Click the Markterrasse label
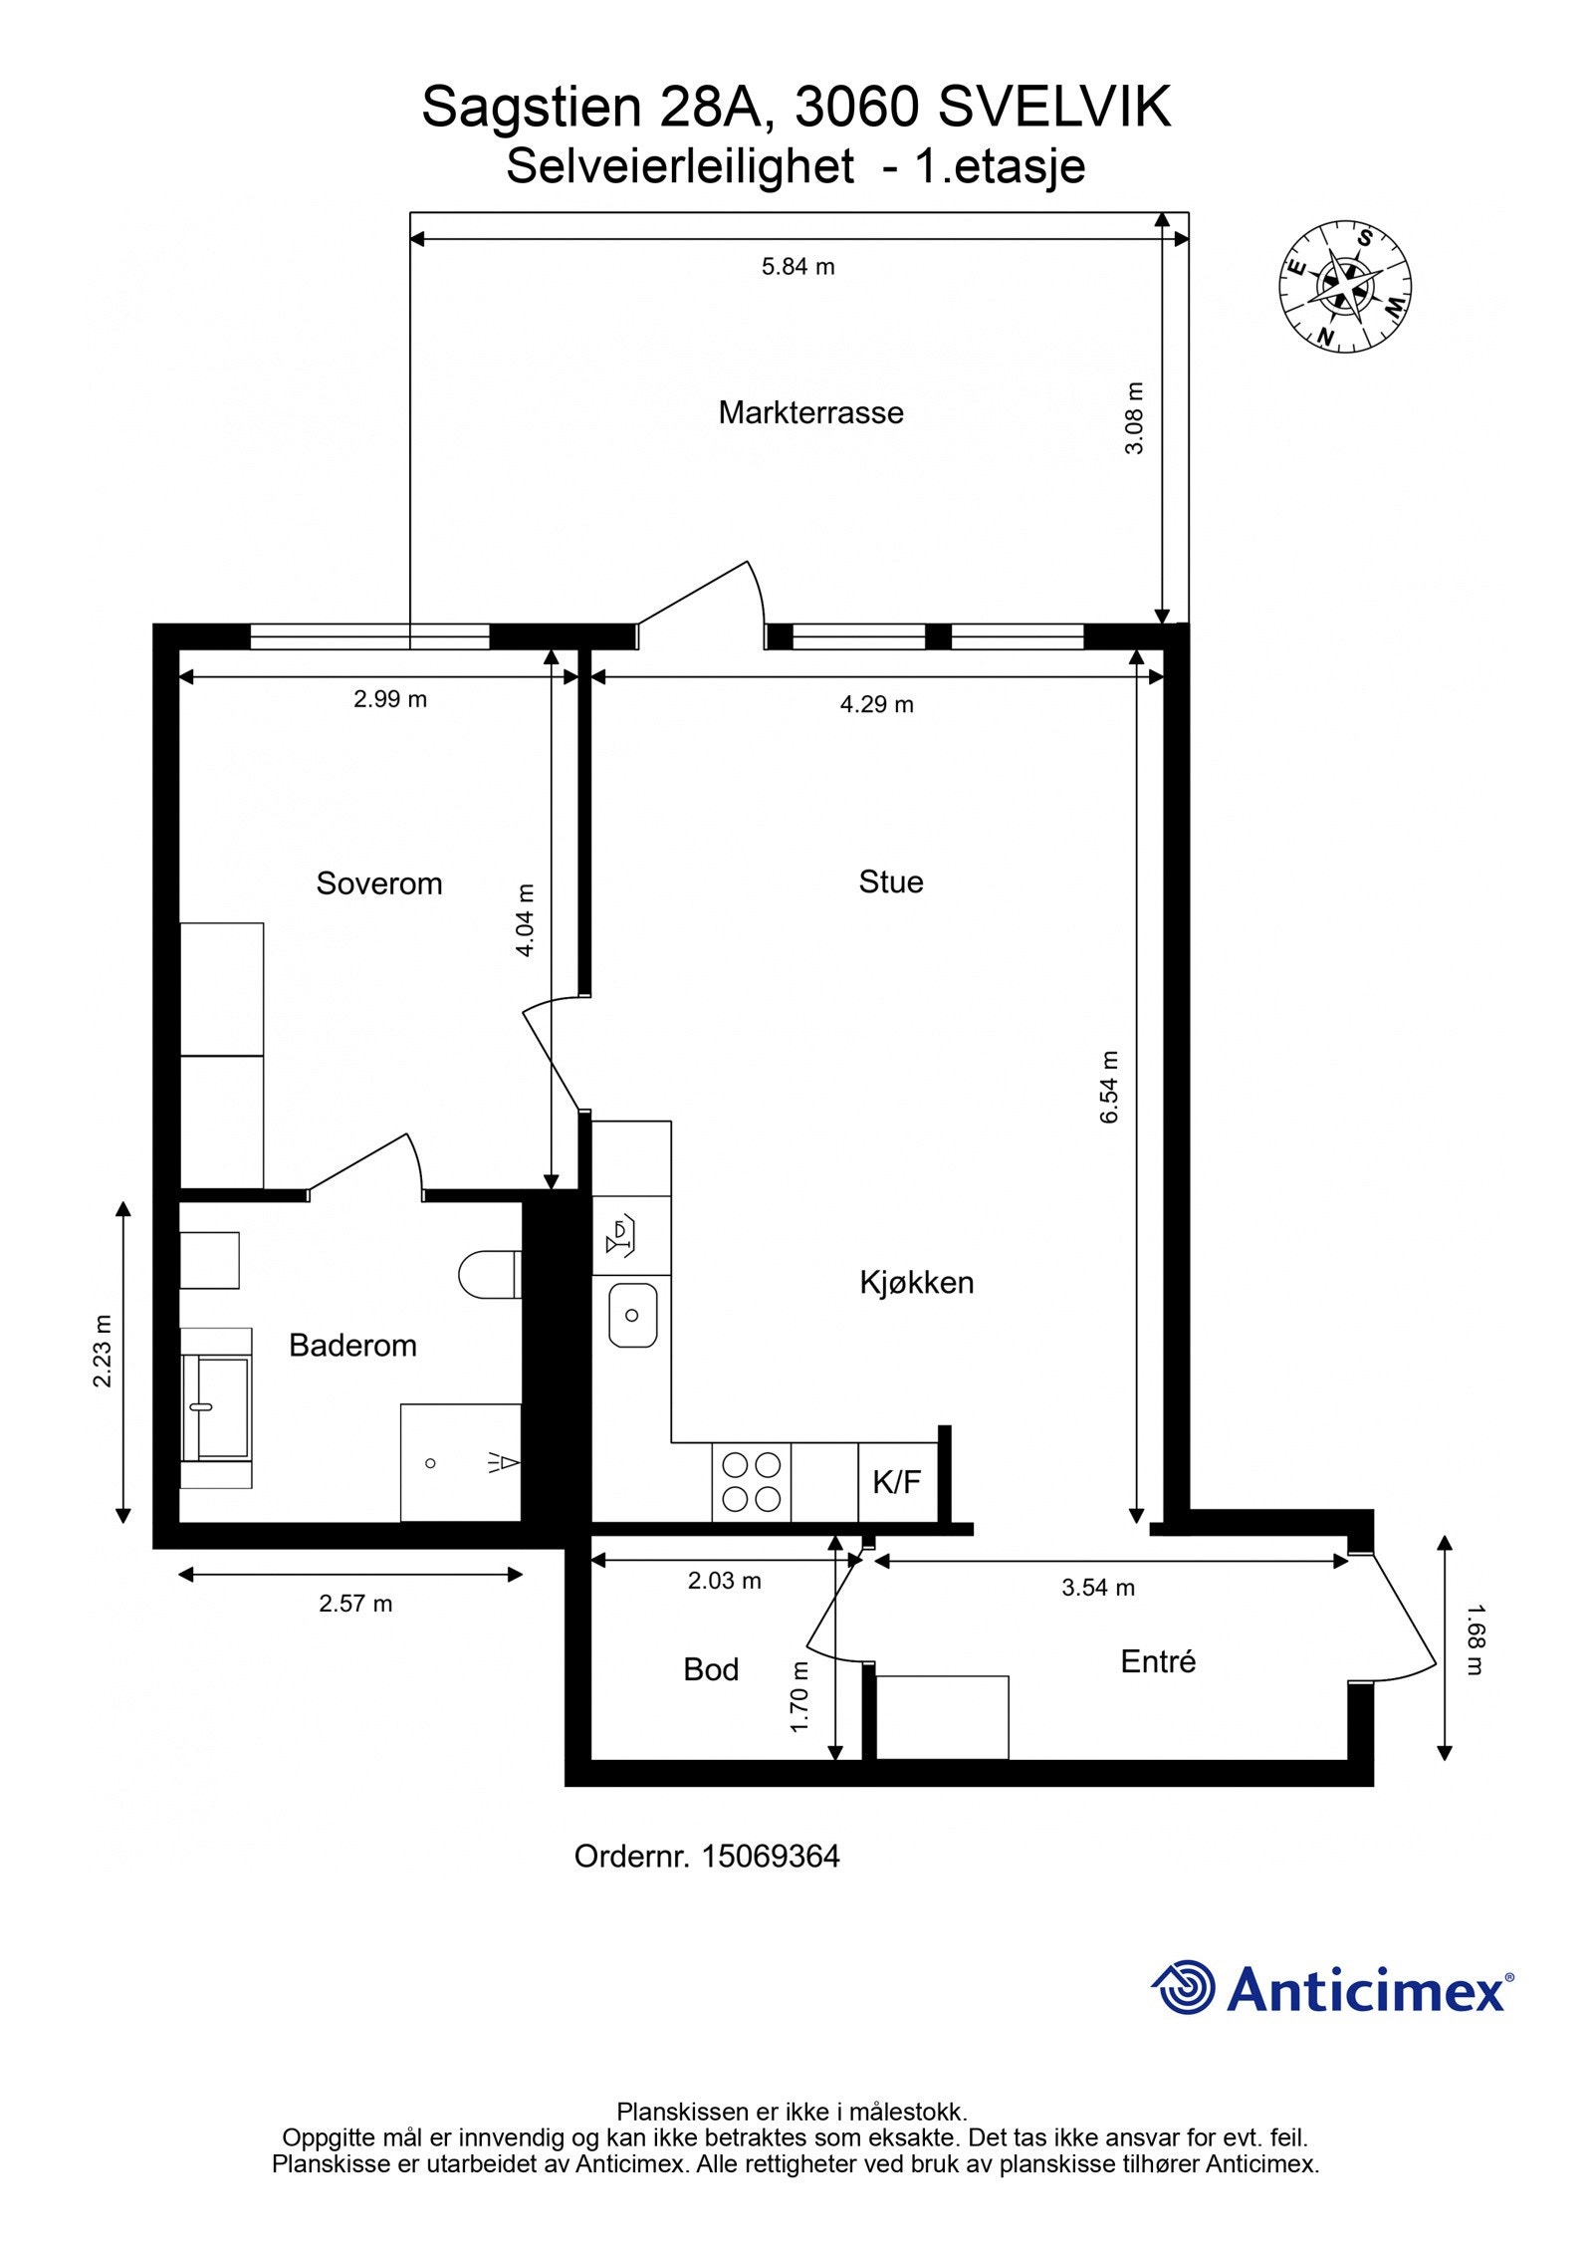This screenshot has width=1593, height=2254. click(x=810, y=412)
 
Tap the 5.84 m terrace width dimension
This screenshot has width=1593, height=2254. click(x=797, y=267)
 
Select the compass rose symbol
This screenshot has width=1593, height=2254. click(x=1345, y=286)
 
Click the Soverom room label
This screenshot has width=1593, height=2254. click(x=378, y=883)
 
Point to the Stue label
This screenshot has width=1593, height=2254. click(x=890, y=881)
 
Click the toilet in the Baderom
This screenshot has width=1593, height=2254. click(x=487, y=1275)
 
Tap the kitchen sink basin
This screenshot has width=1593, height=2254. click(x=631, y=1315)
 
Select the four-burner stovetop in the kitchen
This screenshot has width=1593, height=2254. click(x=751, y=1481)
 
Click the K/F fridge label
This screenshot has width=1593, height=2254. click(x=896, y=1483)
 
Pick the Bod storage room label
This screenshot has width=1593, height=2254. click(x=710, y=1669)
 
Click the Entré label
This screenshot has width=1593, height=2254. click(x=1157, y=1661)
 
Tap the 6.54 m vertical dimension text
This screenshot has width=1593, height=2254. click(x=1109, y=1088)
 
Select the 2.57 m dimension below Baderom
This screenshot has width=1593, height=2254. click(x=355, y=1604)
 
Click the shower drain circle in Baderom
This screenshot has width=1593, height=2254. click(x=430, y=1463)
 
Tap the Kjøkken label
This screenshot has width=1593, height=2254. click(x=916, y=1283)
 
